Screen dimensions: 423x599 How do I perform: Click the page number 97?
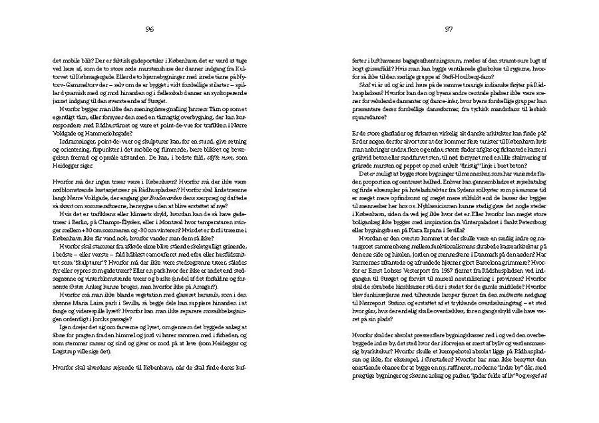(x=449, y=29)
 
